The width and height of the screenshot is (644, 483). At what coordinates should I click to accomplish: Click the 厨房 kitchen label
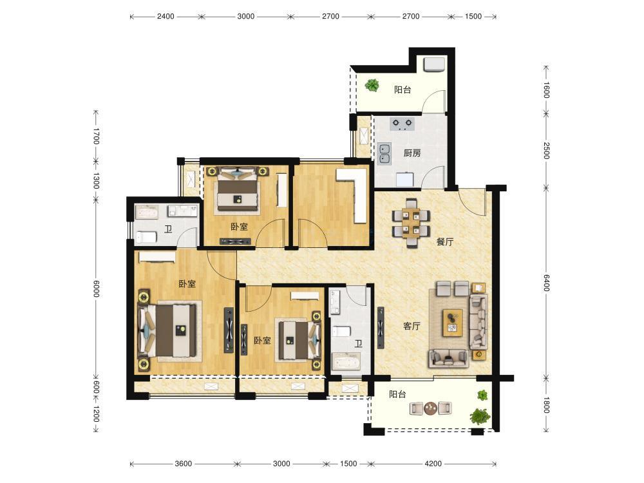click(412, 153)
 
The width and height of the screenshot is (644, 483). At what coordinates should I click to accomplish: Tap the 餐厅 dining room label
click(445, 242)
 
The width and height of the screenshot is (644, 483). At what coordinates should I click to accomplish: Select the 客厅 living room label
click(412, 326)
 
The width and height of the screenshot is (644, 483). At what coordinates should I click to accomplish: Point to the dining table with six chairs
click(411, 223)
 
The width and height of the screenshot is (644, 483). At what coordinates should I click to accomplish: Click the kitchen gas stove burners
click(402, 124)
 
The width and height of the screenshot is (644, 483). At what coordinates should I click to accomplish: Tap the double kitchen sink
click(385, 154)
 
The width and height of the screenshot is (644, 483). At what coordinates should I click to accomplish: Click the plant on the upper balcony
click(372, 86)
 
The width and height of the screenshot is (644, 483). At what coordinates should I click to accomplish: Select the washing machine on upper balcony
click(434, 65)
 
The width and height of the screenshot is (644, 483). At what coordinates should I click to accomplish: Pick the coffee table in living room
click(453, 323)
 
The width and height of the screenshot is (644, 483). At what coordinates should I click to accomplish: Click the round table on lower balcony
click(431, 408)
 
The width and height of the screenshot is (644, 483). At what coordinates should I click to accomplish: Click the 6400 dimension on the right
click(546, 283)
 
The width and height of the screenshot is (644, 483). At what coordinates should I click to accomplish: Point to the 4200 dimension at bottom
click(433, 464)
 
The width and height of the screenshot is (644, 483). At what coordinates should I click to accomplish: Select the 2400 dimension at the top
click(166, 17)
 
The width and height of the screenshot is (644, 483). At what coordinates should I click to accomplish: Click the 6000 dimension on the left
click(96, 289)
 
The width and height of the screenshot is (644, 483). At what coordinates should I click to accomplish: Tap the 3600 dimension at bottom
click(183, 464)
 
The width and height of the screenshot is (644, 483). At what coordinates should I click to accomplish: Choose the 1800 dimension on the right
click(546, 404)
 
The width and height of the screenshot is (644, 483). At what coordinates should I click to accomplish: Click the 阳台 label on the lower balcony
click(397, 395)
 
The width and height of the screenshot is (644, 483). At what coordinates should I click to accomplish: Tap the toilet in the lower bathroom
click(341, 331)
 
